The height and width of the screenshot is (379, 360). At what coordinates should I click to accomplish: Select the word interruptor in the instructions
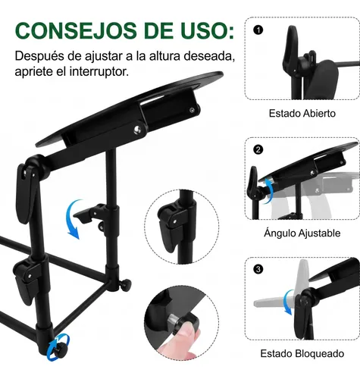point(99,71)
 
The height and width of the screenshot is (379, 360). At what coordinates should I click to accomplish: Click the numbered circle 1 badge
point(258,30)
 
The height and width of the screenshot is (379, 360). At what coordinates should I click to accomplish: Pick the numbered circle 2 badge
point(258,149)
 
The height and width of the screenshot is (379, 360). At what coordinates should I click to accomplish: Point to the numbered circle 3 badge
point(258,269)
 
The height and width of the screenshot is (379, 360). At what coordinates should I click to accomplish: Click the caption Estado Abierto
point(302,113)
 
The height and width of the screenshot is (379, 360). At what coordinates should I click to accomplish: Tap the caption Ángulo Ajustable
point(302,233)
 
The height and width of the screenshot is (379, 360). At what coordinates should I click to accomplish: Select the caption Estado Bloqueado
point(302,353)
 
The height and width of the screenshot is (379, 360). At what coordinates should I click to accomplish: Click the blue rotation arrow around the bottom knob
point(58,347)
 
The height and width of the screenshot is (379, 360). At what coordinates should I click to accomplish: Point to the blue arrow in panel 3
point(288,302)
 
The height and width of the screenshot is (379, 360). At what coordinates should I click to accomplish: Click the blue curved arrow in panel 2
point(269,191)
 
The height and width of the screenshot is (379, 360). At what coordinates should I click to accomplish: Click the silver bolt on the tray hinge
point(138,129)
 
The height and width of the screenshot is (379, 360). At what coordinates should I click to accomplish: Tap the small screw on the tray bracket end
point(193,110)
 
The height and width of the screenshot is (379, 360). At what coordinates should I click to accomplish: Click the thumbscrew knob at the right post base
point(126,284)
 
